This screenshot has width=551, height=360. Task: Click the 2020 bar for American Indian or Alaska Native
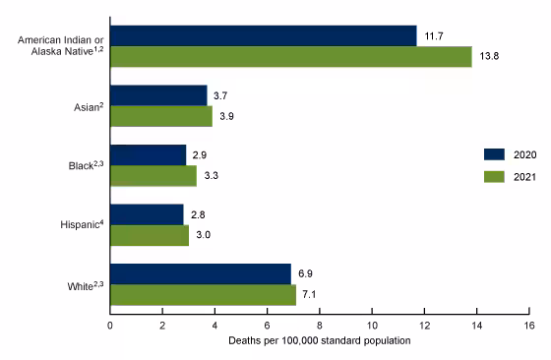(263, 36)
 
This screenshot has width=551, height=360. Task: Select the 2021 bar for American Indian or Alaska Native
(290, 57)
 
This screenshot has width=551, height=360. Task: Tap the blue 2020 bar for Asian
(158, 95)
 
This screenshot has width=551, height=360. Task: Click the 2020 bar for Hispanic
(147, 214)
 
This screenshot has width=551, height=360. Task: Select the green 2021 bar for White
(203, 295)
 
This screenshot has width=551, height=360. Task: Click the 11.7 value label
(434, 36)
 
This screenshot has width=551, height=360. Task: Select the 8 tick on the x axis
(320, 326)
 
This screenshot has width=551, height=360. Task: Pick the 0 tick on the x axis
(110, 326)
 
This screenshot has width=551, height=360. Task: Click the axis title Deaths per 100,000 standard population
(319, 340)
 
